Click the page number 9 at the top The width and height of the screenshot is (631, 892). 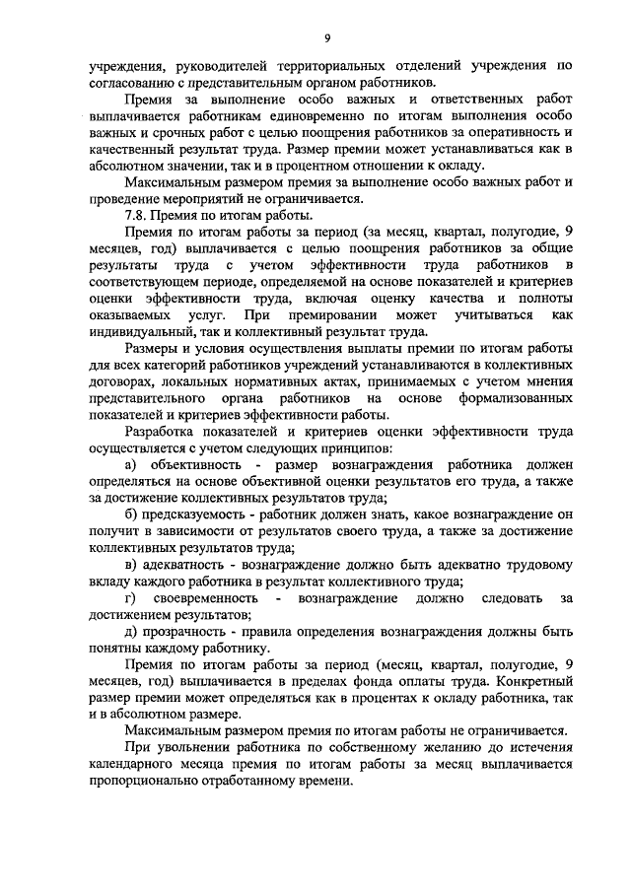[324, 37]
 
